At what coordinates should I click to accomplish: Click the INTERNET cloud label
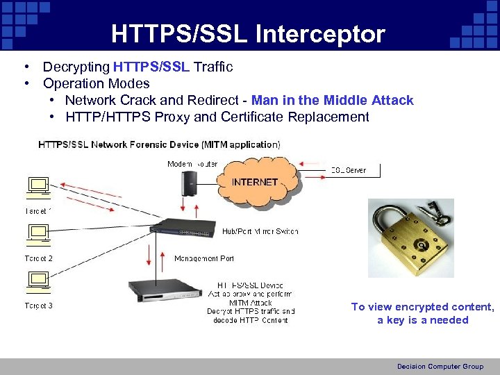(254, 182)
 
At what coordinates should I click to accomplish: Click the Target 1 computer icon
(37, 188)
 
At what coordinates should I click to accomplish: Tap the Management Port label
(203, 258)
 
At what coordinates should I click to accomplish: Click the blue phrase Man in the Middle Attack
(333, 100)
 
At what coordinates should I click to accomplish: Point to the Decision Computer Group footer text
(440, 366)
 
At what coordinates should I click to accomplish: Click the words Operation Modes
(96, 83)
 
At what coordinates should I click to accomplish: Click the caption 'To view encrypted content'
(422, 307)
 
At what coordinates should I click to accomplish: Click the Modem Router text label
(192, 164)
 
